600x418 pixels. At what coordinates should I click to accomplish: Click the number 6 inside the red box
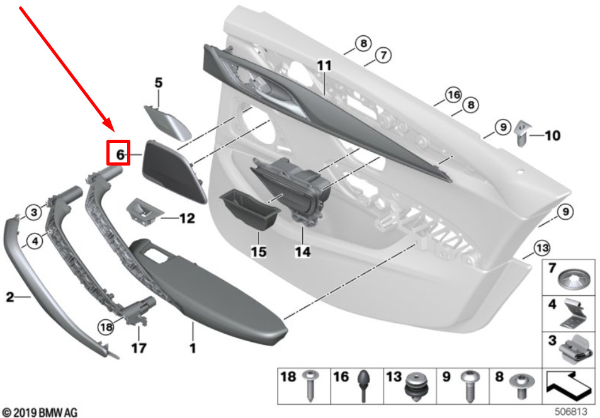(120, 155)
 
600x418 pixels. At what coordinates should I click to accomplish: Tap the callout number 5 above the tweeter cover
(159, 82)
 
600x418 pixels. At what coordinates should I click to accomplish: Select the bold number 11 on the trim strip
(324, 65)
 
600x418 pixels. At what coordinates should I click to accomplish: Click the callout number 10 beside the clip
(552, 135)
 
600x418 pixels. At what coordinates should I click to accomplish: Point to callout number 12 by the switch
(187, 218)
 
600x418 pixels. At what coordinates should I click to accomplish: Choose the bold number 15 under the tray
(259, 252)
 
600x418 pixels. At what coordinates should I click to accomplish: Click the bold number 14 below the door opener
(303, 252)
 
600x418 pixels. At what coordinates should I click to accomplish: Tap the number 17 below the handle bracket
(139, 348)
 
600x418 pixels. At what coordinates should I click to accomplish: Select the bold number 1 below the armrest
(193, 348)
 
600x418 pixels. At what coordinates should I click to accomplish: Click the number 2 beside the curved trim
(10, 297)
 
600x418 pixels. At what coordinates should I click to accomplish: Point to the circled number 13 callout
(542, 249)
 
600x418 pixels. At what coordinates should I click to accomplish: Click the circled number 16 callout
(453, 94)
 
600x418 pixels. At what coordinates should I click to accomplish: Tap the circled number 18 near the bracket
(106, 327)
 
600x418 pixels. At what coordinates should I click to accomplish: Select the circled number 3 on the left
(33, 212)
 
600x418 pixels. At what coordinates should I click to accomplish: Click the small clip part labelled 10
(522, 133)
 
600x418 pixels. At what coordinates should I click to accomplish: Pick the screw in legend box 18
(308, 385)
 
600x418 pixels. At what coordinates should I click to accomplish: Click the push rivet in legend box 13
(416, 387)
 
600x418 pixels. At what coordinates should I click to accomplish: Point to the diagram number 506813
(571, 412)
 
